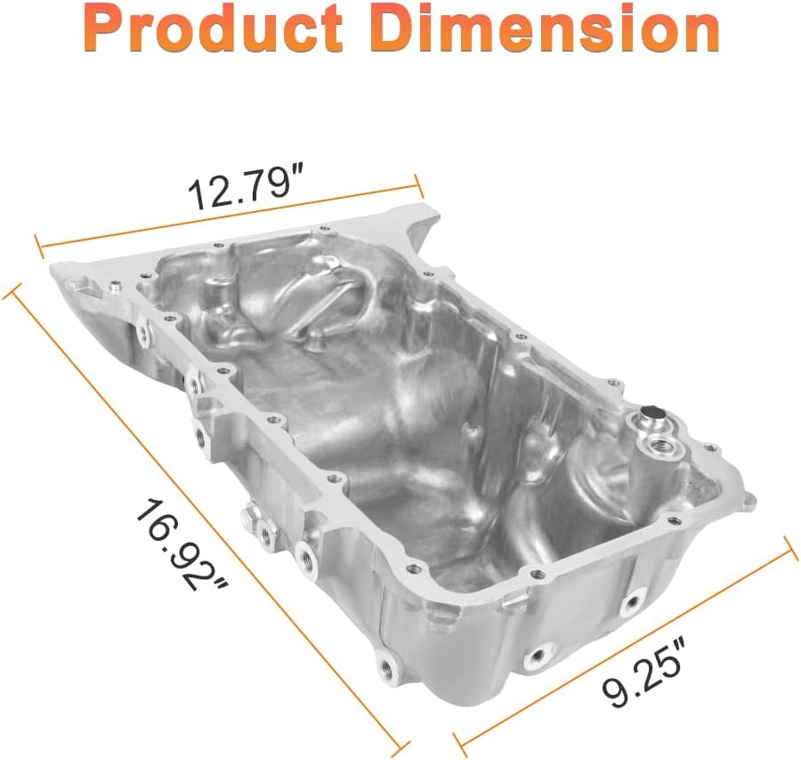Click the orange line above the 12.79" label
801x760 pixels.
click(x=230, y=217)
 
